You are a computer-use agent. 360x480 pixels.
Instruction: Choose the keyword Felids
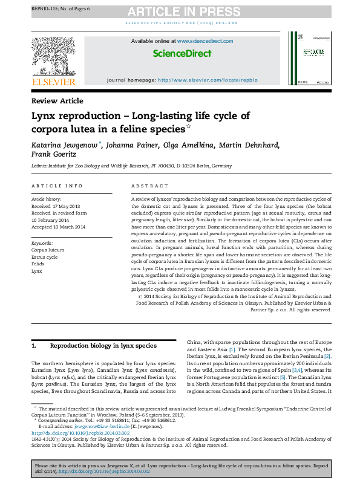coord(38,264)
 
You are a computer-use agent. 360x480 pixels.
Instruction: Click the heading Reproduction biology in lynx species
coord(103,346)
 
